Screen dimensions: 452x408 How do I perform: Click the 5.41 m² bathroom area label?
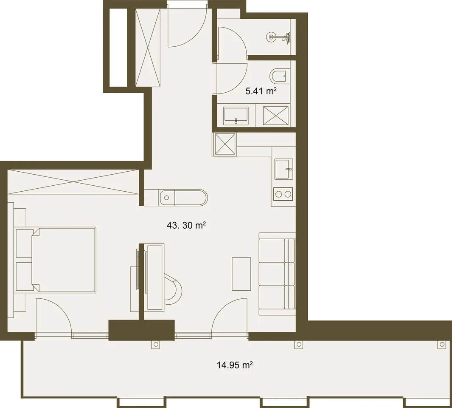(261, 91)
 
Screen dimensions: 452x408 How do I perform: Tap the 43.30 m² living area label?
(186, 225)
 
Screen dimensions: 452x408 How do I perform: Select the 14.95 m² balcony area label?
(235, 365)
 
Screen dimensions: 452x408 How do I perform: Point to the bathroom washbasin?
(236, 116)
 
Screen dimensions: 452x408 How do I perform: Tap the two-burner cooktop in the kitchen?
(283, 194)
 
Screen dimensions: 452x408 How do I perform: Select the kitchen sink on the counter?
(284, 169)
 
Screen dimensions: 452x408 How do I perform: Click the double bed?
(63, 260)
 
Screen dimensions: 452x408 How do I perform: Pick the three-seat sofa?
(277, 274)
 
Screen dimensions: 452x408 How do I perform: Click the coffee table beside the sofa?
(241, 274)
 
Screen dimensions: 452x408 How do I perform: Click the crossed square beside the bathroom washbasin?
(275, 116)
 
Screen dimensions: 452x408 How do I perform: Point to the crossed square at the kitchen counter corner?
(225, 144)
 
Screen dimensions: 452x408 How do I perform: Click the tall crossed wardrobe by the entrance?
(148, 47)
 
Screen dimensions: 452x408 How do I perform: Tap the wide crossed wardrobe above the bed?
(73, 181)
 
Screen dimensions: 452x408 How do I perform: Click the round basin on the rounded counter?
(166, 198)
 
